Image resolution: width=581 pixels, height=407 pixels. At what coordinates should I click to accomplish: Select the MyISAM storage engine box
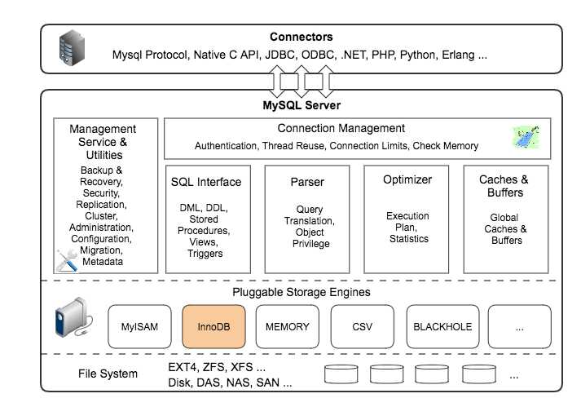point(139,326)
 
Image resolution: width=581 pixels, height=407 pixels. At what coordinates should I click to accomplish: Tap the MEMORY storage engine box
point(288,326)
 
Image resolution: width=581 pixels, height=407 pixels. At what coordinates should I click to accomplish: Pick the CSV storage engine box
point(362,326)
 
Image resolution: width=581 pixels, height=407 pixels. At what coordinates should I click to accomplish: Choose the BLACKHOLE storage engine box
point(442,326)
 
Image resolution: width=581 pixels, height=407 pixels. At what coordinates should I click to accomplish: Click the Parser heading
point(307,181)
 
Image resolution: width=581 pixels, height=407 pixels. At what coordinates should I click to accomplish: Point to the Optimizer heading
point(407,179)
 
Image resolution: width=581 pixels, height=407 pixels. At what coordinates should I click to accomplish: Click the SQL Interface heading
point(205,181)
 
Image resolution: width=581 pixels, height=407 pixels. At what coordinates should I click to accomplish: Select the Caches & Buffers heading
point(503,186)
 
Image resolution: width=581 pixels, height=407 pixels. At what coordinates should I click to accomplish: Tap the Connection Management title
point(341,128)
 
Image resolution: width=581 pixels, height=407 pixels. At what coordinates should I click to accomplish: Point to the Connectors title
point(301,37)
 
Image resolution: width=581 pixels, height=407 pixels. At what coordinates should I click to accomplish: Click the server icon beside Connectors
point(71,48)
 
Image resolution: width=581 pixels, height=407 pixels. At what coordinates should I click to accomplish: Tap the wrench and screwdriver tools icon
point(67,259)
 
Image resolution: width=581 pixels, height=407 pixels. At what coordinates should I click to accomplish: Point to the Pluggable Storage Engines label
point(302,291)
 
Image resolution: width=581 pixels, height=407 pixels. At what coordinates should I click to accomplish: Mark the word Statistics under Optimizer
point(407,239)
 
